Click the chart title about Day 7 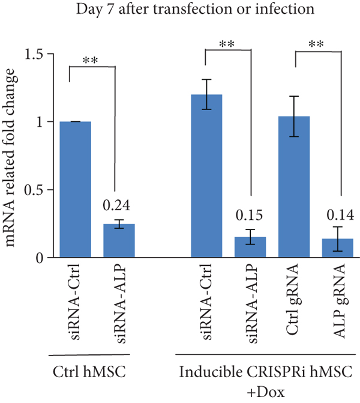(180, 10)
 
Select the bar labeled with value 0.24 (119, 241)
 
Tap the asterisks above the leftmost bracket (92, 60)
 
